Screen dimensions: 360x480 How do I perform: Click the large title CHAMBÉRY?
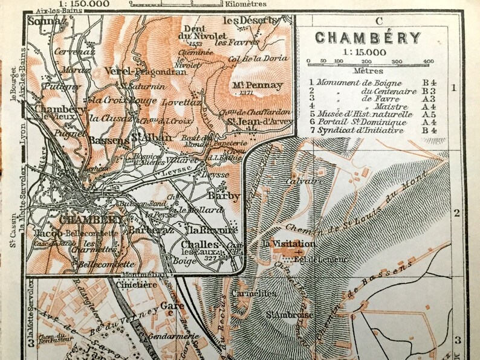(368, 37)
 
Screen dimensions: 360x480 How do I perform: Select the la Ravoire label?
(204, 230)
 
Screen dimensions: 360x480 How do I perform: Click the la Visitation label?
(288, 243)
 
